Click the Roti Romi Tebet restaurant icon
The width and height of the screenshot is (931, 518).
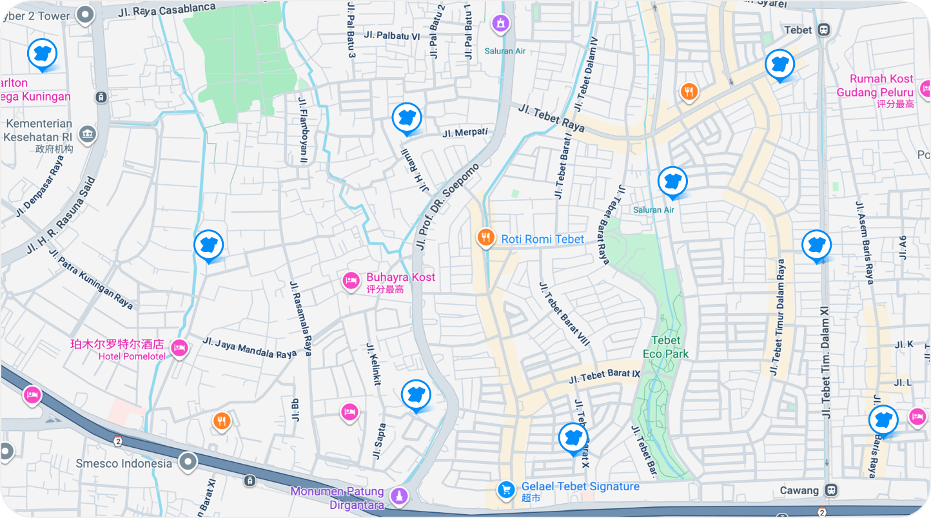pyautogui.click(x=485, y=238)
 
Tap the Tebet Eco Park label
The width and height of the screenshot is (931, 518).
pyautogui.click(x=665, y=347)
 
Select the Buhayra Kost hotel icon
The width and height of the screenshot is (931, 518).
pyautogui.click(x=351, y=281)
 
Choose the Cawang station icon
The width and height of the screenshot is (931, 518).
pyautogui.click(x=832, y=490)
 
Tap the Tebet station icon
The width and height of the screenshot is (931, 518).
pyautogui.click(x=823, y=30)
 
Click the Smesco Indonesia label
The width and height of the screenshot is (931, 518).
pyautogui.click(x=124, y=463)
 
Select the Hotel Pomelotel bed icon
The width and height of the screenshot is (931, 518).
pyautogui.click(x=179, y=348)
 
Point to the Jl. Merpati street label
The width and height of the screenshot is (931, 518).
pyautogui.click(x=464, y=133)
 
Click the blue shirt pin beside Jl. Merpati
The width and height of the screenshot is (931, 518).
pyautogui.click(x=407, y=118)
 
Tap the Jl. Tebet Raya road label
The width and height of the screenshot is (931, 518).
pyautogui.click(x=551, y=118)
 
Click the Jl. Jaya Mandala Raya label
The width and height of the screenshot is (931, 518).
pyautogui.click(x=250, y=347)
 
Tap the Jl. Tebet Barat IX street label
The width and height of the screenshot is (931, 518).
pyautogui.click(x=604, y=376)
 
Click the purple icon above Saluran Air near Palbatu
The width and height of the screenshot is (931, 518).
pyautogui.click(x=500, y=24)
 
